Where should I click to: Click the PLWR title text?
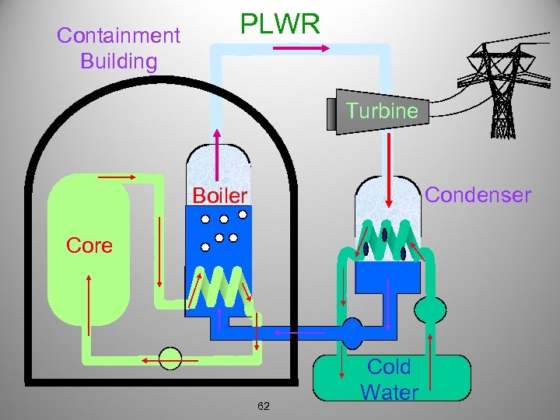pos(280,24)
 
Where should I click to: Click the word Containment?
pos(118,35)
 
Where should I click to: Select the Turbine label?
pos(382,111)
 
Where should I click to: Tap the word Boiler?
pos(219,195)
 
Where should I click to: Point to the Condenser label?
pos(478,194)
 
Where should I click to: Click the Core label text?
pos(89,246)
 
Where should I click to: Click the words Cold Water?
pos(389,380)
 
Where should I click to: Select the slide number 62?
pos(264,406)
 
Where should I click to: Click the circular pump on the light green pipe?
pos(170,359)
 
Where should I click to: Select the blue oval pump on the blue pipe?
pos(353,332)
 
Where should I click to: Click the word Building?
pos(118,61)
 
